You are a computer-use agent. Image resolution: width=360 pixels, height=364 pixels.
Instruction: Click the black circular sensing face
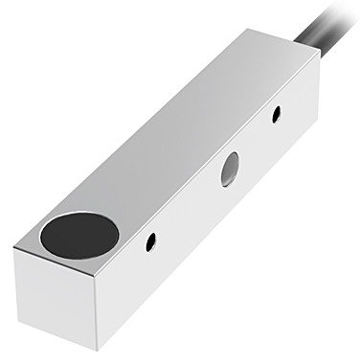(x=79, y=235)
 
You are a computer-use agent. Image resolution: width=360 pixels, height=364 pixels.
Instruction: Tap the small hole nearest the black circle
(x=150, y=242)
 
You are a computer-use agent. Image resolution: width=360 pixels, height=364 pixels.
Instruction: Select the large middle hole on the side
(x=230, y=169)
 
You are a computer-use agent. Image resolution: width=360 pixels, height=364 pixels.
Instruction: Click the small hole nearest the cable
(x=277, y=114)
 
